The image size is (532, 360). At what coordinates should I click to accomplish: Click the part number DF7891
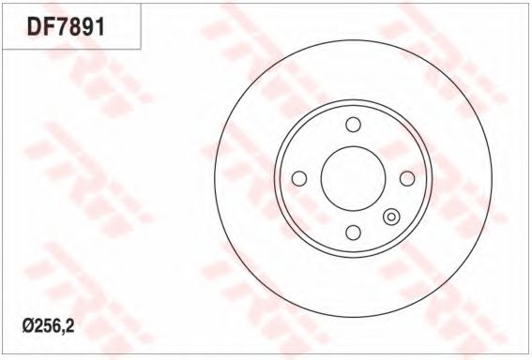[66, 27]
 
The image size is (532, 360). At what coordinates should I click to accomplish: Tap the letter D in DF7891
[34, 27]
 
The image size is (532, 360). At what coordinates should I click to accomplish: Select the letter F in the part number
[48, 27]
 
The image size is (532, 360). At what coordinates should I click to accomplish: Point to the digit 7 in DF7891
[61, 27]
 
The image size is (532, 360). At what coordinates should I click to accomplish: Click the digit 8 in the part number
[75, 27]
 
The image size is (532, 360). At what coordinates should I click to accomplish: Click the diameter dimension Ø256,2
[48, 326]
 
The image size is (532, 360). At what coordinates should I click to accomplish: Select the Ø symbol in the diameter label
[28, 326]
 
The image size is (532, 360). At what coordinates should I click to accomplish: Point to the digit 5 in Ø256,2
[47, 326]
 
